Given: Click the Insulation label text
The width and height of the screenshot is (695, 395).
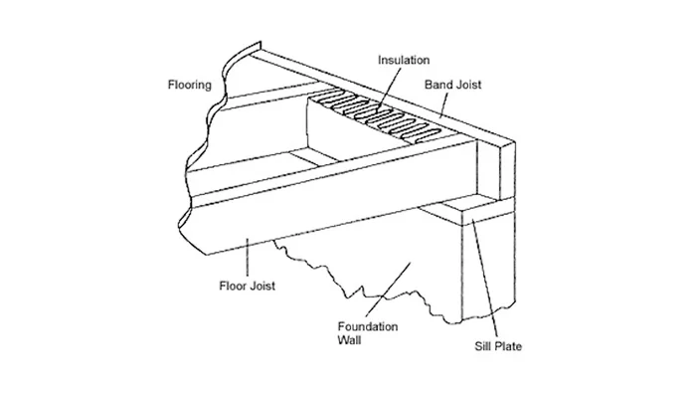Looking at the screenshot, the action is (403, 60).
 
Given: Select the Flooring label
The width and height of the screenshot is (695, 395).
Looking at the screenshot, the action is (188, 86).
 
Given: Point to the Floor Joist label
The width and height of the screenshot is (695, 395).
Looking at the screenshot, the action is (246, 286).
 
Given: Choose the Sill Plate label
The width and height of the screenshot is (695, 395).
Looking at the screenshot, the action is (497, 347).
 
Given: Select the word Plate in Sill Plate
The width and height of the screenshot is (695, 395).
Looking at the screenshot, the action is (508, 347).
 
